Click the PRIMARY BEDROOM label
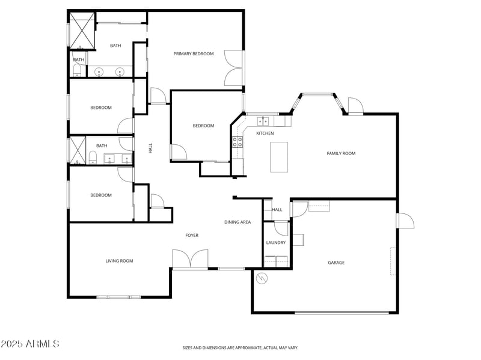point(194,54)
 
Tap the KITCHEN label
point(265,133)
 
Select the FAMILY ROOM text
point(341,153)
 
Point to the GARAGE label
point(336,263)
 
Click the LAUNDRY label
point(276,243)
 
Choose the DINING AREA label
point(237,222)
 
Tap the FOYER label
point(192,235)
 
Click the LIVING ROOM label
point(119,261)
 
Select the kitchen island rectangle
point(279,157)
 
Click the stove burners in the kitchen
point(237,142)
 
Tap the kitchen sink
point(262,121)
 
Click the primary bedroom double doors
point(234,67)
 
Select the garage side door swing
point(405,221)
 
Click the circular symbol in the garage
point(262,278)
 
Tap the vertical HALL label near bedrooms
point(150,147)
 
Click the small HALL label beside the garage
point(277,210)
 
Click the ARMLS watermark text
point(30,344)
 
